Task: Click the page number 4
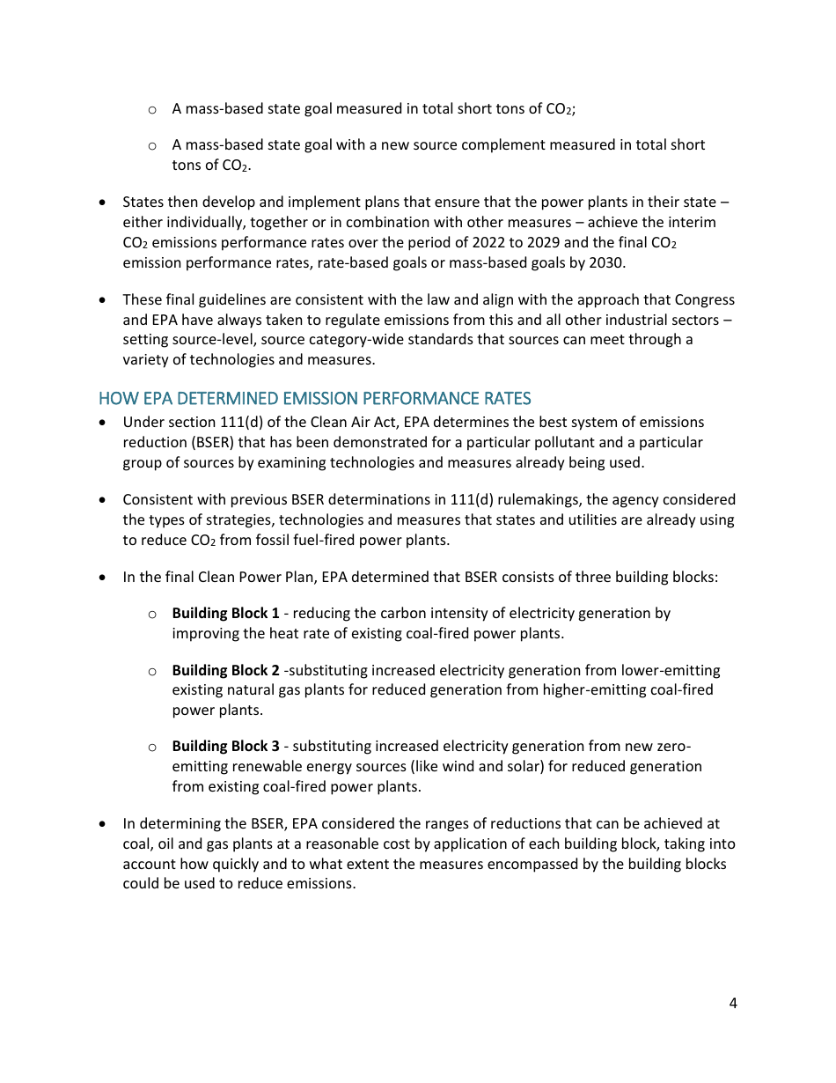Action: (733, 1003)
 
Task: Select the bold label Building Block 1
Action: (225, 614)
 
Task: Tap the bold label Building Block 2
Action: (225, 671)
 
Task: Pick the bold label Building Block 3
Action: (225, 747)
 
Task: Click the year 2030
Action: (606, 262)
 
